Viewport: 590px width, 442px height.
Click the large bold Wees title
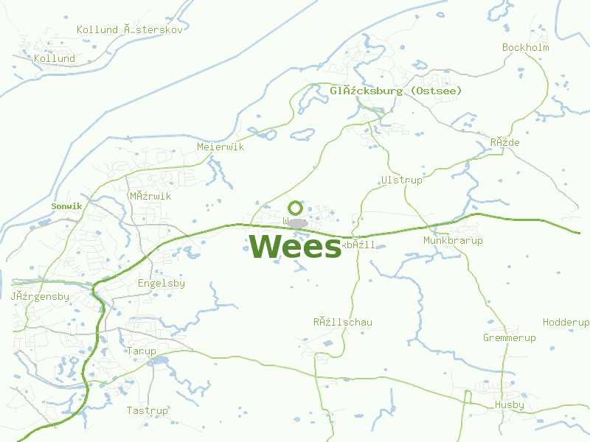pos(296,246)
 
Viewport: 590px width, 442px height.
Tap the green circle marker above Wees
pos(296,208)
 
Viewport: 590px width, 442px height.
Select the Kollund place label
pos(55,58)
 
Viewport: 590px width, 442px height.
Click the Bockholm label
pos(526,48)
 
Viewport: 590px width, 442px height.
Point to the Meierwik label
pos(221,147)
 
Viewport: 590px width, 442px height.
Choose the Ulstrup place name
pos(402,180)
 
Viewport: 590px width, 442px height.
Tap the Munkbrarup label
pos(453,241)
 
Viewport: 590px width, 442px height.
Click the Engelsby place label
pos(162,284)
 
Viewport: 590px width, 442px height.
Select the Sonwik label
pos(67,206)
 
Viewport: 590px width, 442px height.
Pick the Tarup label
pos(141,351)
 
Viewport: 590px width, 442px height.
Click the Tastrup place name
pos(147,410)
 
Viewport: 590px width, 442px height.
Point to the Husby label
pos(510,405)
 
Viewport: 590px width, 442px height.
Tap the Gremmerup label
pos(510,338)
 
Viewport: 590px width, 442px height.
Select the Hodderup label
pos(566,323)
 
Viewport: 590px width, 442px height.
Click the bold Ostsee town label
pos(396,91)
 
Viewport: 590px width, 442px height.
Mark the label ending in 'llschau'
pos(343,322)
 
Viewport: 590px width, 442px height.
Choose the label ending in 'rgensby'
pos(40,297)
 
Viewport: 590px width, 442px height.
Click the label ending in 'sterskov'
pos(130,30)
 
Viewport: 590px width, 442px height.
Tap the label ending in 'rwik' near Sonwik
pos(150,197)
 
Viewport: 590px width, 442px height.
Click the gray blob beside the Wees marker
pos(297,222)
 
